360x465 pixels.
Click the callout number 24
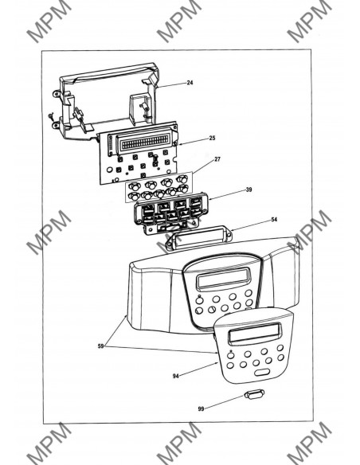tap(190, 83)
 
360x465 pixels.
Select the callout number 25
tap(212, 138)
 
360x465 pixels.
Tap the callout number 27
tap(217, 159)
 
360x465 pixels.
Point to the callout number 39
tap(248, 190)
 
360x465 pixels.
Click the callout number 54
tap(274, 220)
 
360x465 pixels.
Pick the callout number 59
tap(101, 346)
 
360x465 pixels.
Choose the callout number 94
tap(176, 376)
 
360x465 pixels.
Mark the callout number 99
tap(201, 409)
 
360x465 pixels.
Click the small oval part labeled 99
tap(253, 395)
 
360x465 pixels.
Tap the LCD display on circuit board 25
tap(145, 141)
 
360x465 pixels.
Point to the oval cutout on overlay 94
tap(262, 373)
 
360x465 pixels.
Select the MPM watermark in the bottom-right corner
tap(309, 444)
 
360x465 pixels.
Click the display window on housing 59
tap(224, 279)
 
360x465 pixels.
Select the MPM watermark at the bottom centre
tap(179, 444)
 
